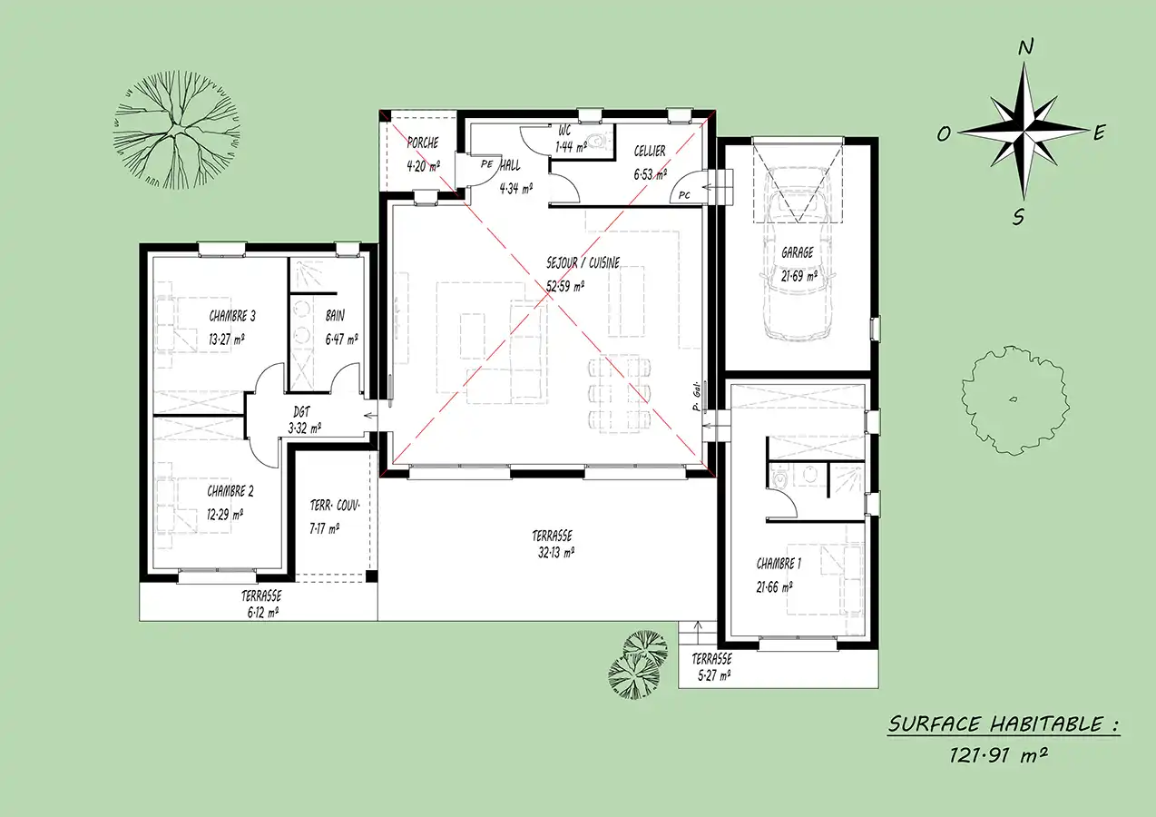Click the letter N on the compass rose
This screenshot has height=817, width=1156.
tap(1025, 47)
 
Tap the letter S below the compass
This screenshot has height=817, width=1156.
tap(1018, 217)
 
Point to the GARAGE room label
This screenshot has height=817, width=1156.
tap(797, 252)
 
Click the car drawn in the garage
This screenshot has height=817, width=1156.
tap(798, 253)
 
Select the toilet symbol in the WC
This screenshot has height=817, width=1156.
tap(600, 140)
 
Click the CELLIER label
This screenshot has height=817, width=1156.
tap(649, 152)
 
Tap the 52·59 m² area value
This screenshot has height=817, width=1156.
tap(565, 286)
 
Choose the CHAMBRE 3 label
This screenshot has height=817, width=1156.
tap(231, 316)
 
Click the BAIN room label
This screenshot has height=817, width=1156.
tap(335, 316)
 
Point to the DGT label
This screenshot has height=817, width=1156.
tap(301, 411)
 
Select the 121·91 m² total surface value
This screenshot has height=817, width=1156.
tap(998, 756)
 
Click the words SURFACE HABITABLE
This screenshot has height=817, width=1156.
tap(996, 724)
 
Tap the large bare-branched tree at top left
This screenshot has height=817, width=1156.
tap(177, 130)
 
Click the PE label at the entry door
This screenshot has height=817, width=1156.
tap(486, 164)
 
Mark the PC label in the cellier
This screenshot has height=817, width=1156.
tap(684, 195)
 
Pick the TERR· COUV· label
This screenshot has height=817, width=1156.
tap(335, 505)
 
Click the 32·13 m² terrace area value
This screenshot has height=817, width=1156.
tap(556, 553)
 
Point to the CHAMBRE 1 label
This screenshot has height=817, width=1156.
tap(779, 564)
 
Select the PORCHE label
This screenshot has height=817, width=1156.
tap(423, 143)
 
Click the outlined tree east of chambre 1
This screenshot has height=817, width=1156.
tap(1015, 400)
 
